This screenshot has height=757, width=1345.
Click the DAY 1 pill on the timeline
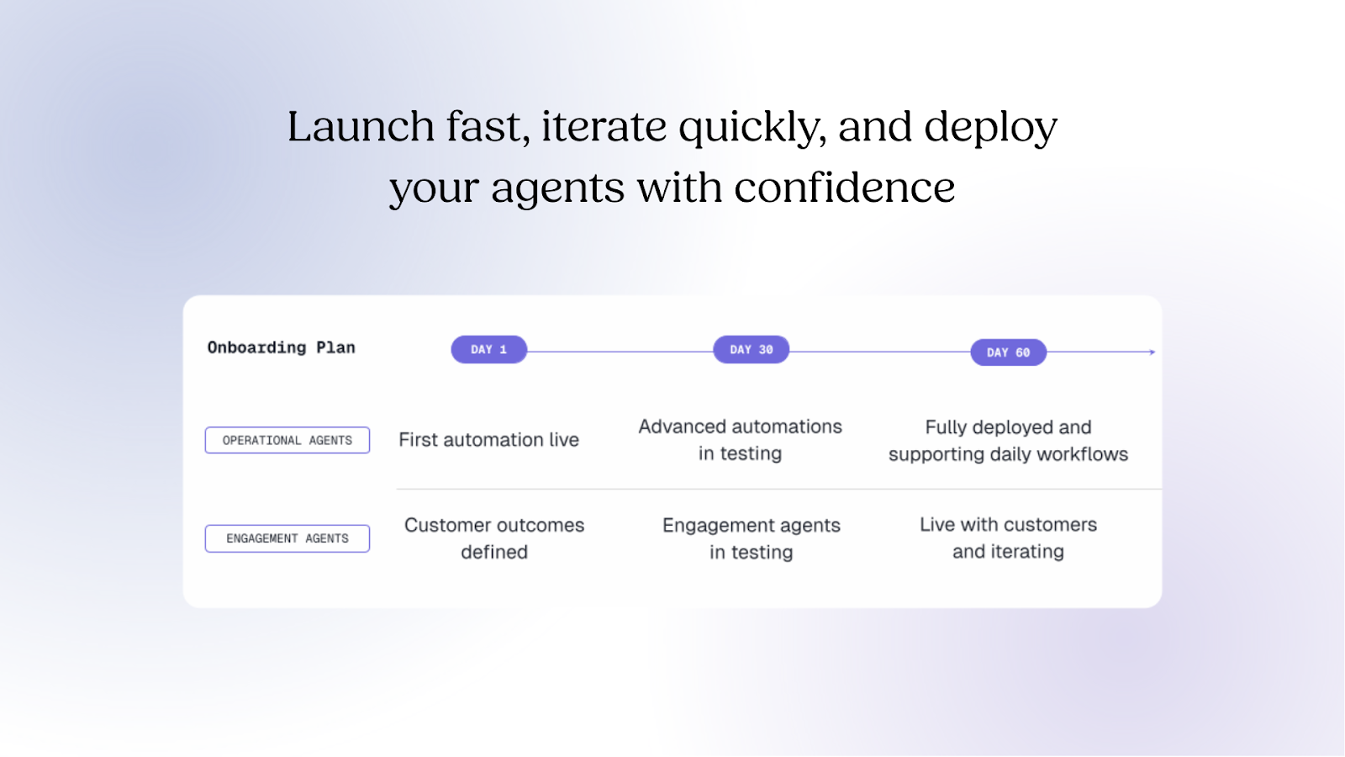coord(488,349)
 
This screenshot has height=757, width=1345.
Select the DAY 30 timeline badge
coord(751,349)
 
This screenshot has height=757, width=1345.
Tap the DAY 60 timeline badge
coord(1008,352)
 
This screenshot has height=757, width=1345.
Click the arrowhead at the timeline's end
coord(1152,352)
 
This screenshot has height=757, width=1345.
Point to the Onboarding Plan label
coord(281,347)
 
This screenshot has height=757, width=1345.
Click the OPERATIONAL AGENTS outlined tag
coord(287,440)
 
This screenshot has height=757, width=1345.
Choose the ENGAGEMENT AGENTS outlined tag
coord(287,538)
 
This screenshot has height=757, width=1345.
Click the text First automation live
coord(488,440)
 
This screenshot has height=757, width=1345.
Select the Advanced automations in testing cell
coord(740,440)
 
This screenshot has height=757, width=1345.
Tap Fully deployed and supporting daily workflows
coord(1008,441)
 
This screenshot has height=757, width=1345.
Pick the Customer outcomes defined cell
coord(494,538)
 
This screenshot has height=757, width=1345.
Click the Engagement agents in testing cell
coord(751,538)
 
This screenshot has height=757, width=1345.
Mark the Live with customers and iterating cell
coord(1008,538)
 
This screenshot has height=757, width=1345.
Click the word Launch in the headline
coord(361,127)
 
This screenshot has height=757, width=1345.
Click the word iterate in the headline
coord(604,127)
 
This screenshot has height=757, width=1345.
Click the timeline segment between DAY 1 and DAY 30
coord(620,352)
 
